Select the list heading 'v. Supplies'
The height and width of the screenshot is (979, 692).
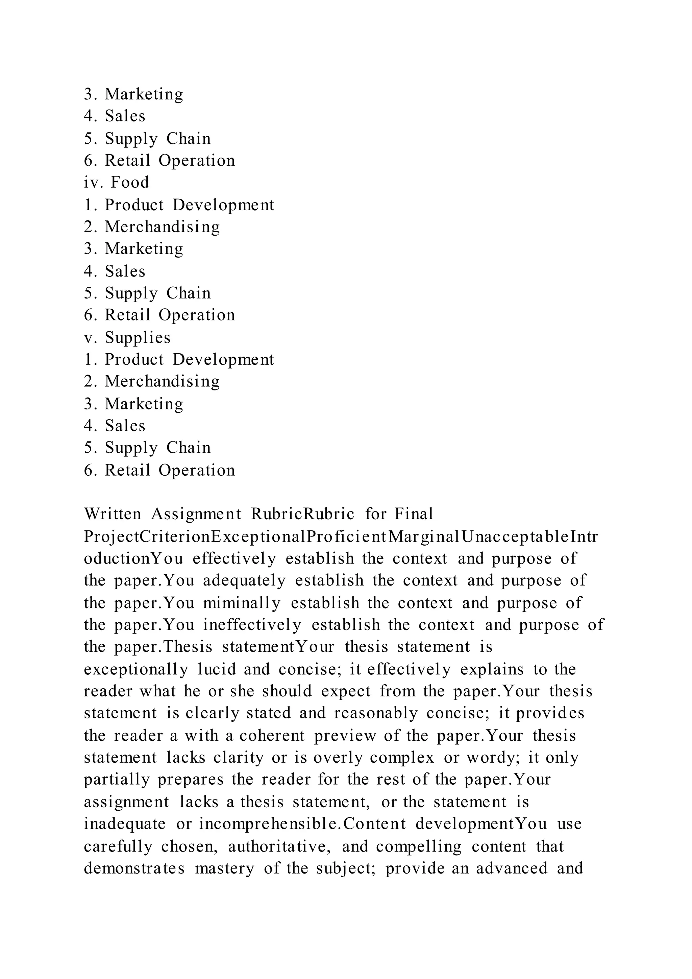click(x=127, y=338)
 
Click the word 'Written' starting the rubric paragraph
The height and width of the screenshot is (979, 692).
click(x=113, y=514)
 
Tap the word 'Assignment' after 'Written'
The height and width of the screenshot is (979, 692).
click(x=196, y=514)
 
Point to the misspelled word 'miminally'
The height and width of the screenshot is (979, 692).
click(x=242, y=603)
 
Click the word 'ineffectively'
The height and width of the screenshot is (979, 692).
click(x=252, y=625)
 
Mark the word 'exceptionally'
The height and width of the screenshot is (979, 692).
click(x=136, y=669)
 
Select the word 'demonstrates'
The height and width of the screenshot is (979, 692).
click(x=134, y=868)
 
